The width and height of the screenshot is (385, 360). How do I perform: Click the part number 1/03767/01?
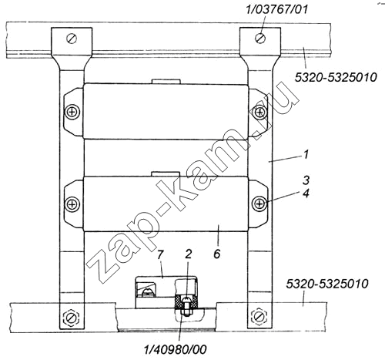276,10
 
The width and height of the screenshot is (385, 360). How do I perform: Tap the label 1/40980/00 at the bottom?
176,349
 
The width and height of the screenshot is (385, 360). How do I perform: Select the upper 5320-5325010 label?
336,77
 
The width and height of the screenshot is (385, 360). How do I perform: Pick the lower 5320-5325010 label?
327,284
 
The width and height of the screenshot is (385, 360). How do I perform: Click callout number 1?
306,155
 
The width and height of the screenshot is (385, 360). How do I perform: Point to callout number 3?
306,180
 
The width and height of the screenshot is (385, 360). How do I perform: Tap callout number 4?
306,193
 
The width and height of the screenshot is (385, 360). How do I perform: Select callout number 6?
217,254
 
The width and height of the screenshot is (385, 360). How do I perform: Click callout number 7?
160,255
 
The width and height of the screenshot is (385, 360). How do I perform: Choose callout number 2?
188,254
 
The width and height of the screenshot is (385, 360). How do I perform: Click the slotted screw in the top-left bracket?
72,39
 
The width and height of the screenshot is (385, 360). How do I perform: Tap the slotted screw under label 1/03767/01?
260,38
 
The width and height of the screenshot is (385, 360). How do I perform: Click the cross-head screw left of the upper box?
72,112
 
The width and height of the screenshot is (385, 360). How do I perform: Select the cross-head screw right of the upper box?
260,112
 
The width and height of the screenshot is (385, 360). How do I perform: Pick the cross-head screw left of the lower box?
72,204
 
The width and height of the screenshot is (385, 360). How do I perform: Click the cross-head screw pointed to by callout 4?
260,204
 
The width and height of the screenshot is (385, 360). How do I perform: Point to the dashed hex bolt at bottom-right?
259,316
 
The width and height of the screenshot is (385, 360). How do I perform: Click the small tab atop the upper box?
166,81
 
